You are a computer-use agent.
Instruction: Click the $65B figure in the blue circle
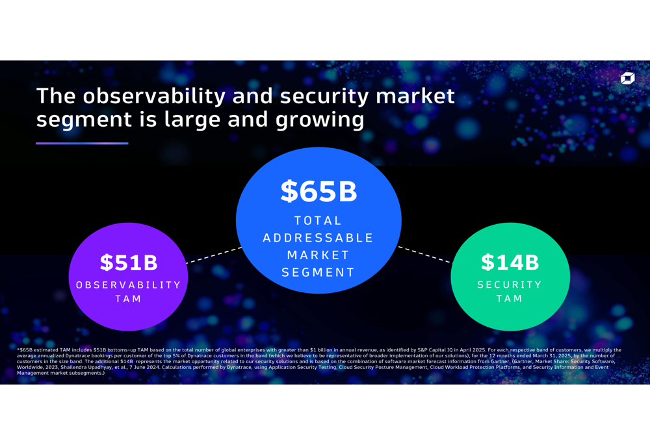click(318, 191)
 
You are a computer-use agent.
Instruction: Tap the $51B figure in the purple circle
click(129, 262)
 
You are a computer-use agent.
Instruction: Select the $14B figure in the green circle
click(510, 262)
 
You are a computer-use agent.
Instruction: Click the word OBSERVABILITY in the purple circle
click(129, 285)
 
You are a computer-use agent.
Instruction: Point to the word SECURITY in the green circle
click(510, 285)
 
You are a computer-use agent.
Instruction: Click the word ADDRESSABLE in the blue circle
click(318, 238)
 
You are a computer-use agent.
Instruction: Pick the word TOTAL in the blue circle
click(318, 221)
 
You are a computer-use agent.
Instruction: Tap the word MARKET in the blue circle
click(318, 255)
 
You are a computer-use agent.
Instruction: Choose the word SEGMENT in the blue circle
click(318, 272)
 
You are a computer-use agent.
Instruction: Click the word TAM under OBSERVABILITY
click(129, 299)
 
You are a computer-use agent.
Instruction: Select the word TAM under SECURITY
click(510, 299)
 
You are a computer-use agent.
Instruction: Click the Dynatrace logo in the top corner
click(627, 78)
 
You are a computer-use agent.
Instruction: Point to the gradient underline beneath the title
click(82, 143)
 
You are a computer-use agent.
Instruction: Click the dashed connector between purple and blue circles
click(213, 255)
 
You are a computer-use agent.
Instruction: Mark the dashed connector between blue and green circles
click(424, 255)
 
